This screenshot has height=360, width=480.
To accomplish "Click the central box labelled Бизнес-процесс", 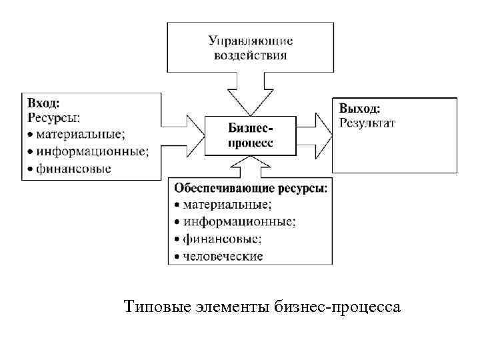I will tap(250, 135).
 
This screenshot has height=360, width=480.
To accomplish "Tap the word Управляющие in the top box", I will tap(250, 41).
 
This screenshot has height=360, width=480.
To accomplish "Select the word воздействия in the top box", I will tap(250, 55).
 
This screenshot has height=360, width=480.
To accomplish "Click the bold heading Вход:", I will tap(43, 104).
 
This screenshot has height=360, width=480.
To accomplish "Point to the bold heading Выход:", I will tap(360, 108).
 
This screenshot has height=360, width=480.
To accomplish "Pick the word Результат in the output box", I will tap(367, 122).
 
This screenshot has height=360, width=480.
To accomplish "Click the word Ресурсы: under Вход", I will tap(53, 119).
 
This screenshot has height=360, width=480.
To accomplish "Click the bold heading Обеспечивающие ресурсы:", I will tap(251, 189).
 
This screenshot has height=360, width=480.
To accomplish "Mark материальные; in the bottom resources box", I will tap(227, 205).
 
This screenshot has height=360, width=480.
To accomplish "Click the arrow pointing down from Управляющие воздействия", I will tap(250, 93).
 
